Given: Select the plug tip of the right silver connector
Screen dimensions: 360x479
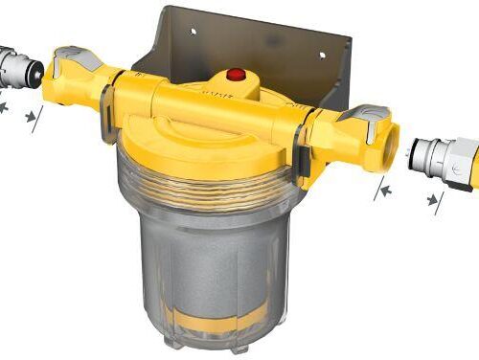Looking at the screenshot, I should tap(422, 152).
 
